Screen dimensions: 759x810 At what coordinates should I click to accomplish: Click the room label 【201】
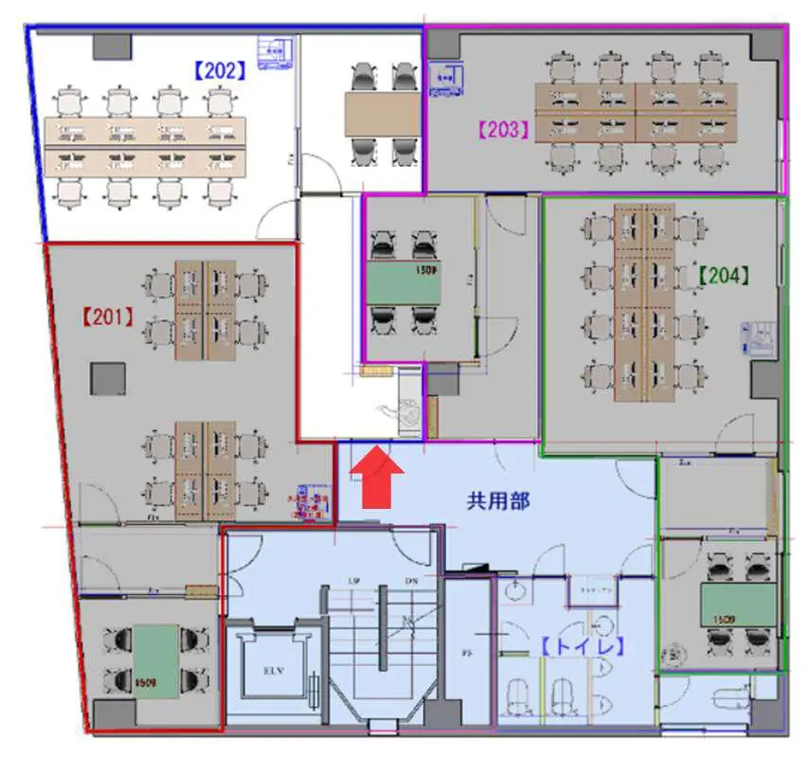[x=107, y=316]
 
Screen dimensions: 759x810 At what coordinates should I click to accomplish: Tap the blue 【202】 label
[x=220, y=68]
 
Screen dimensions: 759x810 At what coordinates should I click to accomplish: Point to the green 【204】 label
[x=724, y=275]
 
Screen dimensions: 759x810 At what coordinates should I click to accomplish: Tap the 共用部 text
[x=497, y=501]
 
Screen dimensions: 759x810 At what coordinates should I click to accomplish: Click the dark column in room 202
[x=112, y=45]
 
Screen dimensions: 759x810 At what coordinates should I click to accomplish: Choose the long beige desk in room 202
[x=145, y=146]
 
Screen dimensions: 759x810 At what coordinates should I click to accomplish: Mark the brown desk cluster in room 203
[x=635, y=113]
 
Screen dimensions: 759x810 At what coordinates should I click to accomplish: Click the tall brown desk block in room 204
[x=643, y=301]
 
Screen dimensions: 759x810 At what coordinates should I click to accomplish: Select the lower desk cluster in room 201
[x=206, y=468]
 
